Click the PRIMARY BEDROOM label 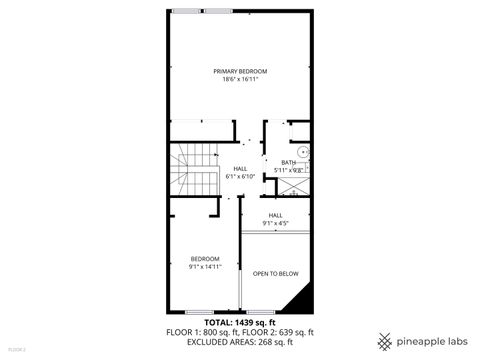(x=240, y=71)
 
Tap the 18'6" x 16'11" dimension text (x=240, y=80)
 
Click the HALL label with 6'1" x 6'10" (x=240, y=168)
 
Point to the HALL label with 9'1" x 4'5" (x=275, y=215)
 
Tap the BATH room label (x=288, y=163)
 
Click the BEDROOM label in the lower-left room (x=204, y=259)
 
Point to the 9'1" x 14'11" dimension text (x=204, y=267)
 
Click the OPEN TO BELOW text (x=275, y=273)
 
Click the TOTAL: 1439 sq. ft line (x=240, y=323)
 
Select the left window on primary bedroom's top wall (x=185, y=10)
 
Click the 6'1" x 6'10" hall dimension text (x=240, y=177)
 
